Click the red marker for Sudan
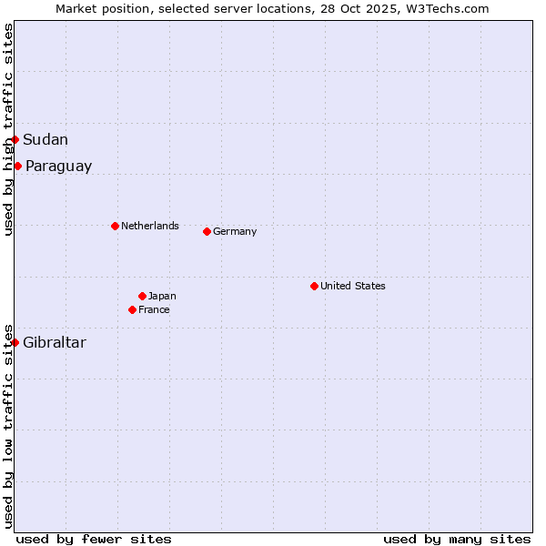pos(15,139)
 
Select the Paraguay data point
pos(18,166)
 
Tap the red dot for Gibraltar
pos(15,342)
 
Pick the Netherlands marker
pos(115,226)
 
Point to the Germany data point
pos(207,231)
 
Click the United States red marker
pos(314,286)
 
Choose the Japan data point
pos(142,296)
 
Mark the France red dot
pos(132,309)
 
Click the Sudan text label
pos(45,139)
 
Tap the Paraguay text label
pos(58,166)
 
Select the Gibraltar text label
pos(55,342)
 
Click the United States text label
pos(353,286)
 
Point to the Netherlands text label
pos(150,226)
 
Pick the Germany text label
pos(235,231)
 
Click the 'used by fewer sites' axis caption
pos(94,539)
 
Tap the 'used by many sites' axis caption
pos(457,539)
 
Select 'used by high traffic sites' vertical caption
pos(8,129)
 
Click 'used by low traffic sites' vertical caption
pos(8,426)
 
